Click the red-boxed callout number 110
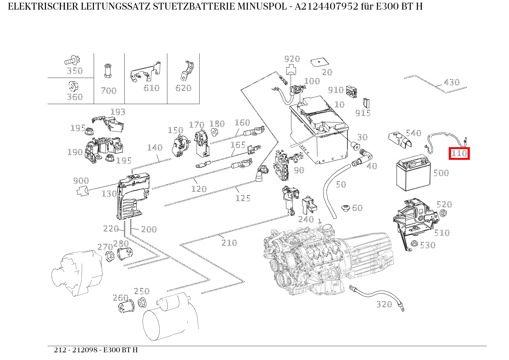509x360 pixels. [459, 154]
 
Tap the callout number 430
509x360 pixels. [451, 82]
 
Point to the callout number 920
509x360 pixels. [292, 59]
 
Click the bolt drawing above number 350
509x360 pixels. [72, 60]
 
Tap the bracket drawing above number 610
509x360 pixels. [145, 72]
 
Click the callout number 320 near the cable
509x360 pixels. [384, 304]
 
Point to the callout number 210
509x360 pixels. [229, 243]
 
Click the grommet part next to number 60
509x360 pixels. [345, 208]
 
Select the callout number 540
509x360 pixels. [413, 133]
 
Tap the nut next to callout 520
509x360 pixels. [442, 213]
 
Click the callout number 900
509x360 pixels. [81, 181]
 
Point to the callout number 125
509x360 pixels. [243, 198]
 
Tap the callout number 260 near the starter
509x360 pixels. [120, 298]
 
